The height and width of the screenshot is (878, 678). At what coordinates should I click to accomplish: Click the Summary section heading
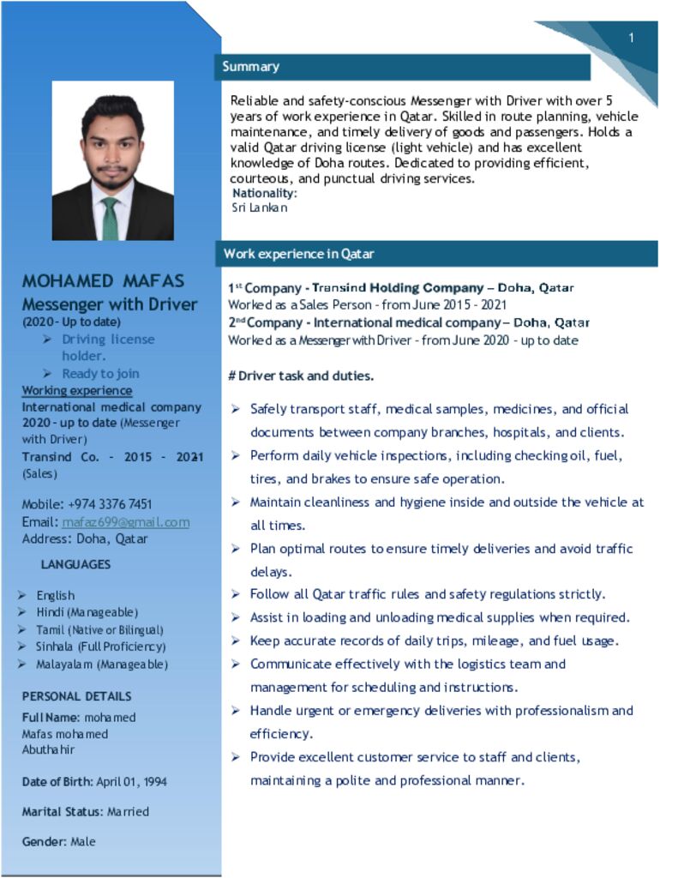coord(250,67)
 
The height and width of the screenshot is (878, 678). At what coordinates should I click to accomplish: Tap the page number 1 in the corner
coord(631,38)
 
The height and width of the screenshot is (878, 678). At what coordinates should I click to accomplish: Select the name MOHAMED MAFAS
coord(103,281)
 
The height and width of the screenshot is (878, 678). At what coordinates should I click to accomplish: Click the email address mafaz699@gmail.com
coord(126,522)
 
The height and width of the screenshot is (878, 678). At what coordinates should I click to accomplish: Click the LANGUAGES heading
coord(75,565)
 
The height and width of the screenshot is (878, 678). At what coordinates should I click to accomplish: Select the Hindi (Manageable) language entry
coord(87,612)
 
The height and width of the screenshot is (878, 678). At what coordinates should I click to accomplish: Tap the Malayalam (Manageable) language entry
coord(102,665)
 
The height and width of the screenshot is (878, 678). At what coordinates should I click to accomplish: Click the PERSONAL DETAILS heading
coord(76,696)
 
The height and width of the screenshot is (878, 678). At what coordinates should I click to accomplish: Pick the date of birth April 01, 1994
coord(131,782)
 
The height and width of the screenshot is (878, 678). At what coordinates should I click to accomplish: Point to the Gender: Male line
coord(58,842)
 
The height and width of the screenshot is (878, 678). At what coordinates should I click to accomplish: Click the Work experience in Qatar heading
coord(298,254)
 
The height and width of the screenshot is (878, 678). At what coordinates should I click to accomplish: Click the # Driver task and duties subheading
coord(301,376)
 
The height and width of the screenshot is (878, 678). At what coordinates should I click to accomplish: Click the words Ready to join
coord(100,374)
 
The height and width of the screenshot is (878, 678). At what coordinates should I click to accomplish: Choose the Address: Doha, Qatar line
coord(84,539)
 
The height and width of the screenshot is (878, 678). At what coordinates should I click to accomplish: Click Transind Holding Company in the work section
coord(398,288)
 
